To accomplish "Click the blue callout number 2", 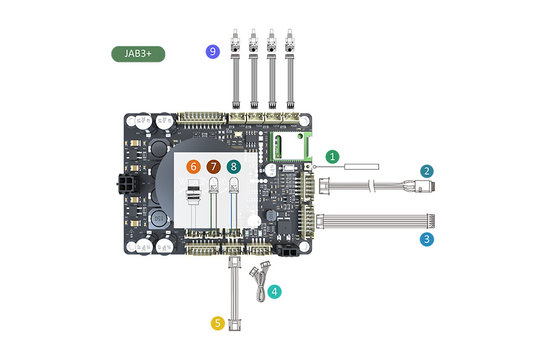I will (427, 172).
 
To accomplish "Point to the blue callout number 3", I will (427, 239).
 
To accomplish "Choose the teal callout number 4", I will (274, 293).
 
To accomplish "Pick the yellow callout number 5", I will (217, 323).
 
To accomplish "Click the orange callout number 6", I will (194, 166).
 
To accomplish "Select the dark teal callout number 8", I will (233, 166).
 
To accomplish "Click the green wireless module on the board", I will (289, 147).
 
